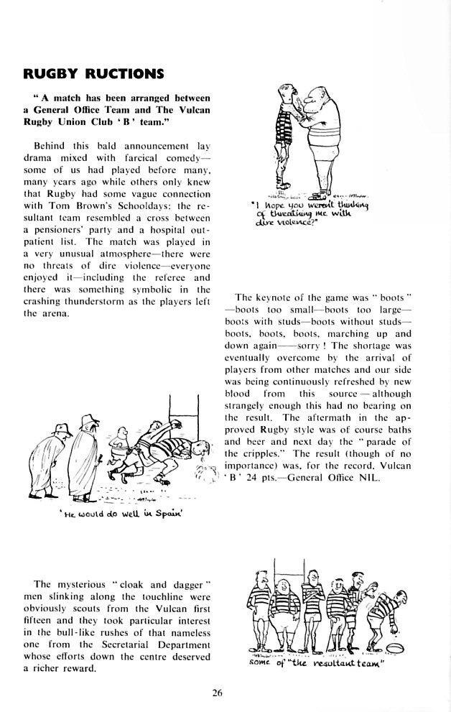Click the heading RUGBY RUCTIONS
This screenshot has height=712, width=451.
point(93,73)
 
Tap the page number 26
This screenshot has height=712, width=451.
point(218,693)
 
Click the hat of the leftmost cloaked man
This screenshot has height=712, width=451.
point(63,430)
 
